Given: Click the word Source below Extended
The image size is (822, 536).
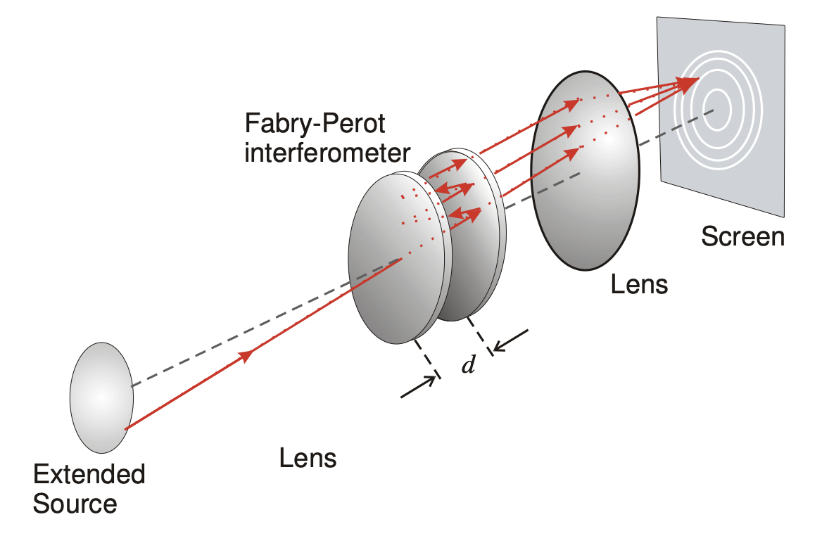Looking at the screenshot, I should (75, 504).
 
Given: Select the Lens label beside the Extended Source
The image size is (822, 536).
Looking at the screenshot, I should (308, 459).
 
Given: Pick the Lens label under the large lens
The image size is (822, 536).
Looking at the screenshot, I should (639, 285).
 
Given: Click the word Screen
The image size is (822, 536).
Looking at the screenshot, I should (742, 236).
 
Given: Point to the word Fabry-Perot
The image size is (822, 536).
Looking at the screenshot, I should (315, 125).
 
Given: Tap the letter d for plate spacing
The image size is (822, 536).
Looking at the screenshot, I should (467, 366).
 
